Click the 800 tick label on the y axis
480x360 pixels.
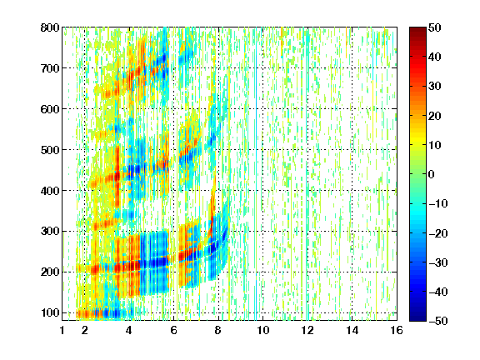(50, 27)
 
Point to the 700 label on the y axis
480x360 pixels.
(50, 68)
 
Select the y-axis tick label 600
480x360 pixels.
(50, 109)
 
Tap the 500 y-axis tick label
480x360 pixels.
(50, 150)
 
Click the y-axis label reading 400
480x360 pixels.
(50, 191)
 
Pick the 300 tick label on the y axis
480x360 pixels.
(50, 232)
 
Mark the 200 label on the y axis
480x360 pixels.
(50, 272)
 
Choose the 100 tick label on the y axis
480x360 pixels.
(50, 312)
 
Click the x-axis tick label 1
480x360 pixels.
(62, 330)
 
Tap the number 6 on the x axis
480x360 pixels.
(174, 330)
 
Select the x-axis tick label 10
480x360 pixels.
(263, 330)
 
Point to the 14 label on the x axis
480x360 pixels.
(352, 330)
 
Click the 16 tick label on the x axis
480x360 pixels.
(397, 330)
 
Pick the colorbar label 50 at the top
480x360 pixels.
(435, 27)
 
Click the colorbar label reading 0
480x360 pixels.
(432, 174)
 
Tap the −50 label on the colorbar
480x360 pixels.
(438, 321)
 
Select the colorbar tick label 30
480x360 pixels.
(435, 87)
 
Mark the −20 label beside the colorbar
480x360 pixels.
(438, 233)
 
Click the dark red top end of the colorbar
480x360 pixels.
(417, 30)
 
